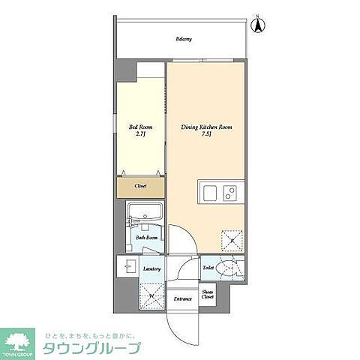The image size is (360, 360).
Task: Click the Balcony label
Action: pos(184,39)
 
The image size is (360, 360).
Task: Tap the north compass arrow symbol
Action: pos(256,25)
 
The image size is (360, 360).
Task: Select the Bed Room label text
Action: pos(139,127)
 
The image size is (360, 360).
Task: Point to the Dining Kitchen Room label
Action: pos(206,127)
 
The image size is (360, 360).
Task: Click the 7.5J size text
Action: pos(206,136)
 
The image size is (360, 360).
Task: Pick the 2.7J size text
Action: pos(139,136)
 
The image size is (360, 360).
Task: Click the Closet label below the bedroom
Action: pos(140,185)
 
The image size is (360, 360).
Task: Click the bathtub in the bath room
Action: pos(144,213)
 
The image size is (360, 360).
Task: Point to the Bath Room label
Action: pos(145,238)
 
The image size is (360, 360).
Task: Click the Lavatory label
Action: pos(152,268)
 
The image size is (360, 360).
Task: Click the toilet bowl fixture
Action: pos(232,266)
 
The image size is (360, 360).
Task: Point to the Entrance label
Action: pos(183,299)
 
